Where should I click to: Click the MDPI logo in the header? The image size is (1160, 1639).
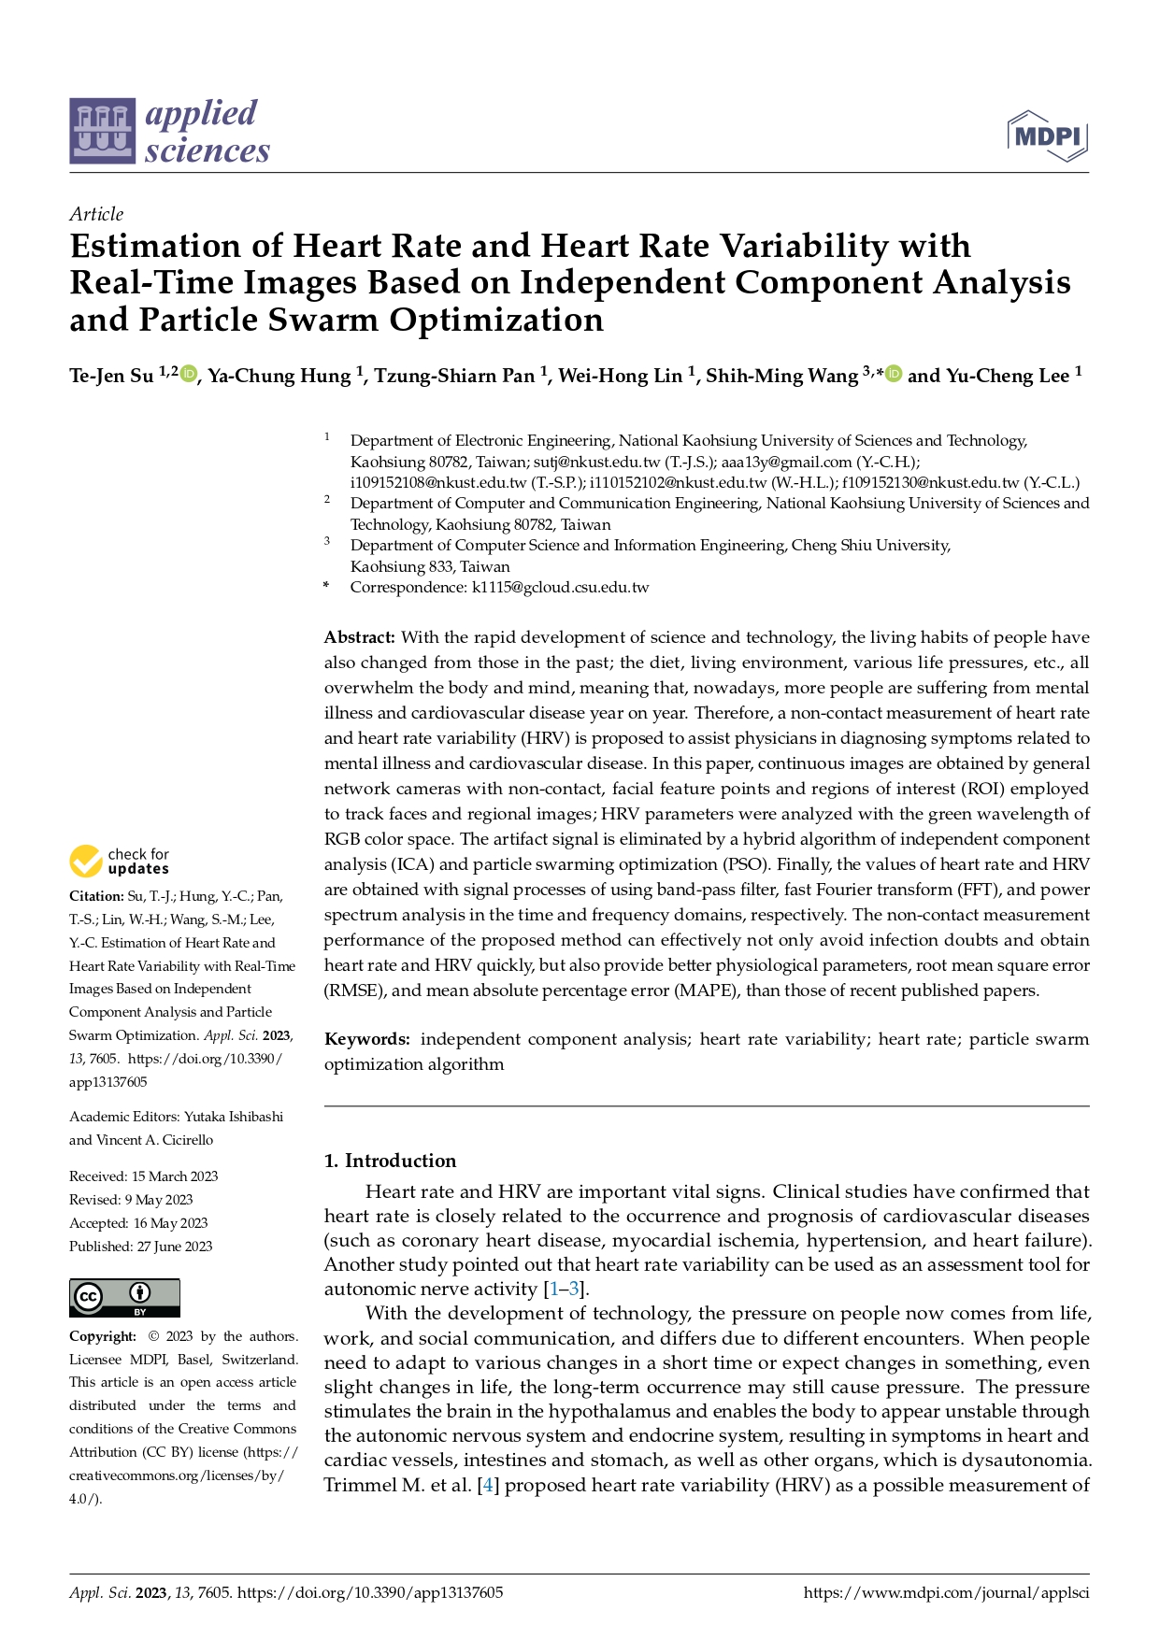point(1048,136)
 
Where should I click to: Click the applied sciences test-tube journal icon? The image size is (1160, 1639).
point(102,131)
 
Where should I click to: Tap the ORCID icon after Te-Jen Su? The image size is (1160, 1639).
point(189,375)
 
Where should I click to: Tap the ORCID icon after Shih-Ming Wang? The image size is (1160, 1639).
point(894,375)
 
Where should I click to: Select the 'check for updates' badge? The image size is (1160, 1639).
point(119,861)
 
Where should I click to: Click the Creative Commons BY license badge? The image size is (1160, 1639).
point(124,1298)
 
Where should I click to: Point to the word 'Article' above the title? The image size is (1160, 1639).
point(96,214)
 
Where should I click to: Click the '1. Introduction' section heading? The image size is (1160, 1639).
point(390,1161)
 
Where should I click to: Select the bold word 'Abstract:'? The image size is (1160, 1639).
point(360,637)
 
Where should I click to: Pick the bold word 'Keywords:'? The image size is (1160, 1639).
point(366,1039)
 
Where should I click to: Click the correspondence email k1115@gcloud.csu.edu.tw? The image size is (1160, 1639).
point(560,588)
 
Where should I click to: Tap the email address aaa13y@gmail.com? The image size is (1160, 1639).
point(786,462)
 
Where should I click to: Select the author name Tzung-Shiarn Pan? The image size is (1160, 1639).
point(454,376)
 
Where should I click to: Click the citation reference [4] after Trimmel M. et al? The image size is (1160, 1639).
point(487,1485)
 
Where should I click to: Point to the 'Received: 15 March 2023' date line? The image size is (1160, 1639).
point(143,1176)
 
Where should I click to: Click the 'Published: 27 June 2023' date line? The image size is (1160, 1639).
point(140,1247)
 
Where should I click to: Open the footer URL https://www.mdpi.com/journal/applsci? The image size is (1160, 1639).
point(946,1592)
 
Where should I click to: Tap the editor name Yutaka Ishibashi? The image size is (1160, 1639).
point(234,1117)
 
